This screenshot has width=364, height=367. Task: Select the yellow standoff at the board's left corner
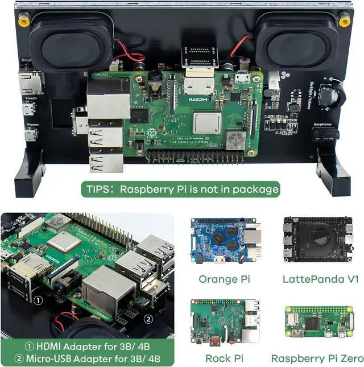pos(23,22)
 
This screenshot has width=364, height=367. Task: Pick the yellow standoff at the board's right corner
pos(344,22)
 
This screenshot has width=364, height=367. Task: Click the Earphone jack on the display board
pos(325,134)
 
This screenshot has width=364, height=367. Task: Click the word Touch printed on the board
pos(31,98)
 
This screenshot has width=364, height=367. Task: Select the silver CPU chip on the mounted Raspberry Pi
pos(206,122)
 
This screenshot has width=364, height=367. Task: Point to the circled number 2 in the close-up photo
pos(148,319)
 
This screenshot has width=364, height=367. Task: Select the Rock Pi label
pos(225,358)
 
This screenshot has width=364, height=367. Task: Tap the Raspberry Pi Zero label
pos(317,358)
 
